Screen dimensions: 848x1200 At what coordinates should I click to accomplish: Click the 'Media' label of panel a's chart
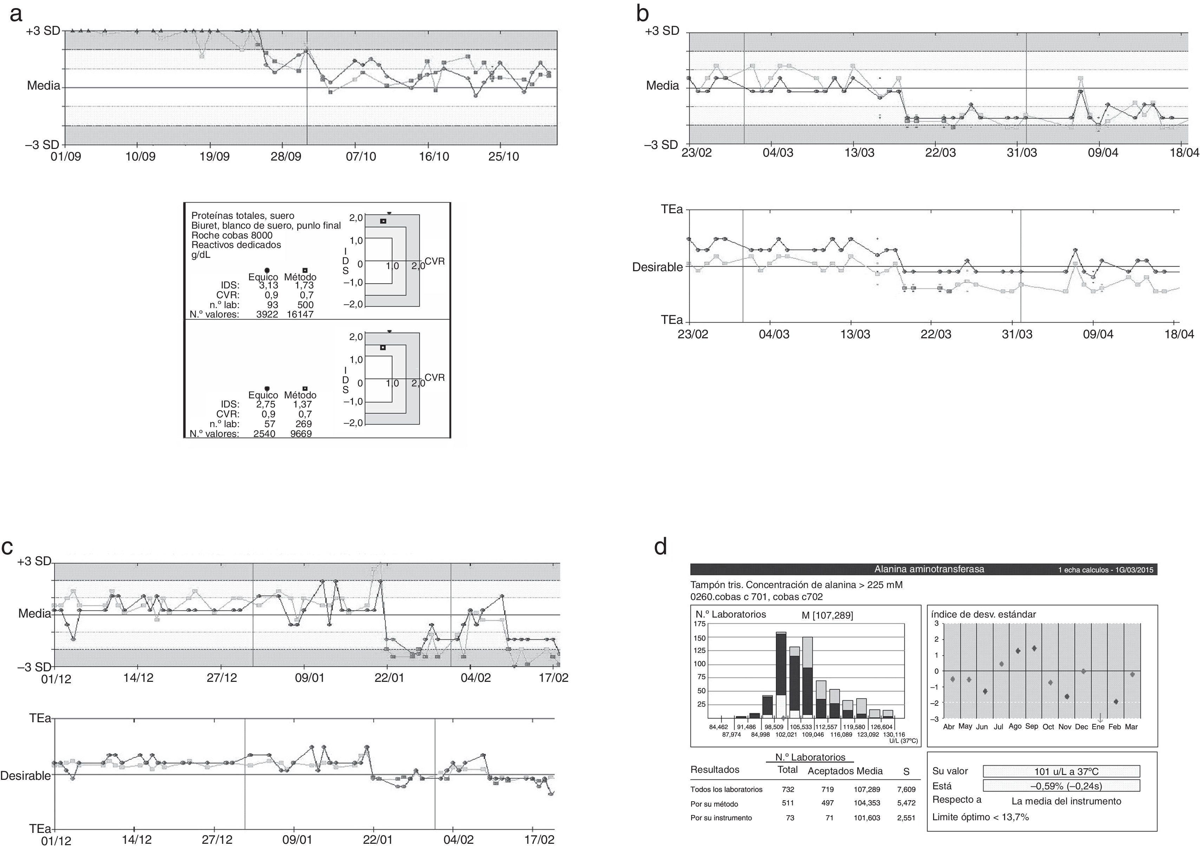(44, 86)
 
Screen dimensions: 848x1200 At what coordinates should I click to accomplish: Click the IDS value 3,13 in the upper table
(268, 286)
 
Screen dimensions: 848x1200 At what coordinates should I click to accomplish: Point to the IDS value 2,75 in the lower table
(268, 404)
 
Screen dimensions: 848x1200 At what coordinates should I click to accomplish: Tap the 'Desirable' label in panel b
(657, 267)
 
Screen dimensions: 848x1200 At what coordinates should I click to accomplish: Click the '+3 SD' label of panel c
(34, 561)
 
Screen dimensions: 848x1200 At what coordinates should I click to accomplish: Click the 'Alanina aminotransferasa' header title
(929, 569)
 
